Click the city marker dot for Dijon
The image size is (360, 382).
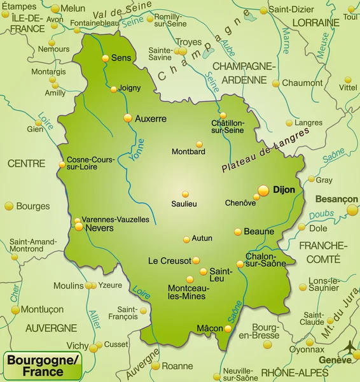(x=263, y=190)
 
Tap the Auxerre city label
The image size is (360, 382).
(x=150, y=118)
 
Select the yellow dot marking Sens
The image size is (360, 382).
(x=106, y=58)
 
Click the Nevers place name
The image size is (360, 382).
(x=99, y=227)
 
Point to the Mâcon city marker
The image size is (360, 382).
(x=228, y=329)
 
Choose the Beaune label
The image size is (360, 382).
(x=259, y=232)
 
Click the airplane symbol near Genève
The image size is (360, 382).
(x=349, y=347)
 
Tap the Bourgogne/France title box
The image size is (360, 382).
(x=43, y=366)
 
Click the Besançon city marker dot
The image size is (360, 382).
(x=352, y=210)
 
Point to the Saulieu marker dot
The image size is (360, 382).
(x=185, y=194)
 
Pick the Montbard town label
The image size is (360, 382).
(x=188, y=152)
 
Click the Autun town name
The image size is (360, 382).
(x=202, y=238)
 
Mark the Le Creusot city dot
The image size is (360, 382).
(x=196, y=260)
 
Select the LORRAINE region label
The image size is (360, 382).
(x=315, y=23)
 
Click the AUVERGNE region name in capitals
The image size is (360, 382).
(x=51, y=328)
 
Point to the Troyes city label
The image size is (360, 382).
(x=188, y=43)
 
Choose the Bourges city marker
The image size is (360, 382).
(x=9, y=206)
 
